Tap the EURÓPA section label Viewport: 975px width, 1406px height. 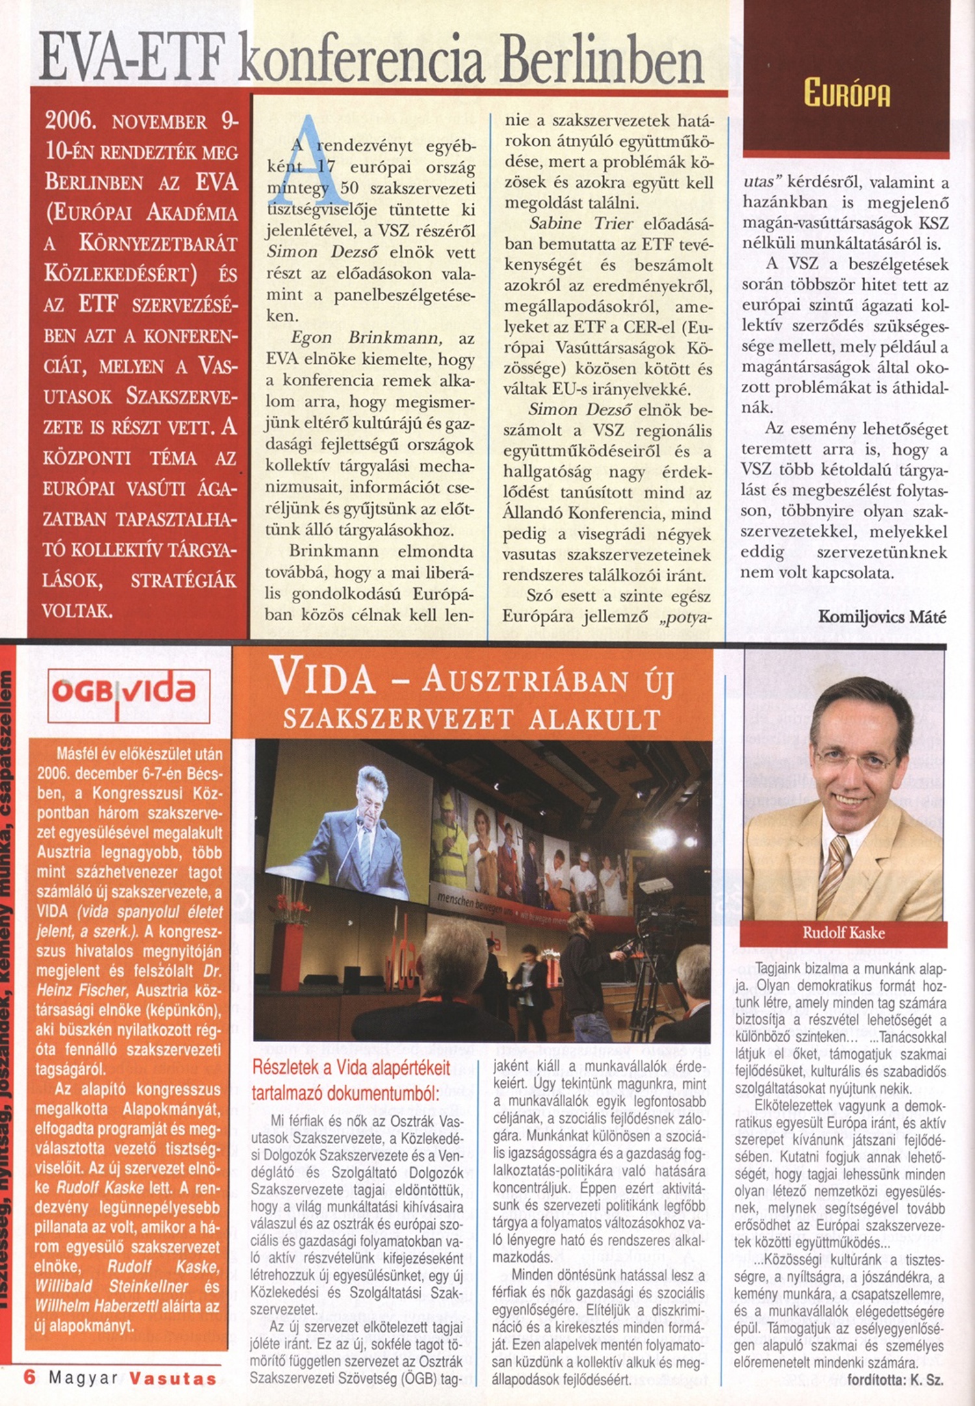click(x=846, y=92)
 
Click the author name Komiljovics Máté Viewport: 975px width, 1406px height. click(x=881, y=617)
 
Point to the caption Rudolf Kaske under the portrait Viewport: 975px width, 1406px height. click(x=843, y=933)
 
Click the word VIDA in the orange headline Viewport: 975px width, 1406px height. click(x=323, y=678)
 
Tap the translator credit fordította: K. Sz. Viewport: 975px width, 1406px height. click(x=894, y=1380)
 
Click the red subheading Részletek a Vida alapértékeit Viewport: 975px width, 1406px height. click(x=350, y=1067)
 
